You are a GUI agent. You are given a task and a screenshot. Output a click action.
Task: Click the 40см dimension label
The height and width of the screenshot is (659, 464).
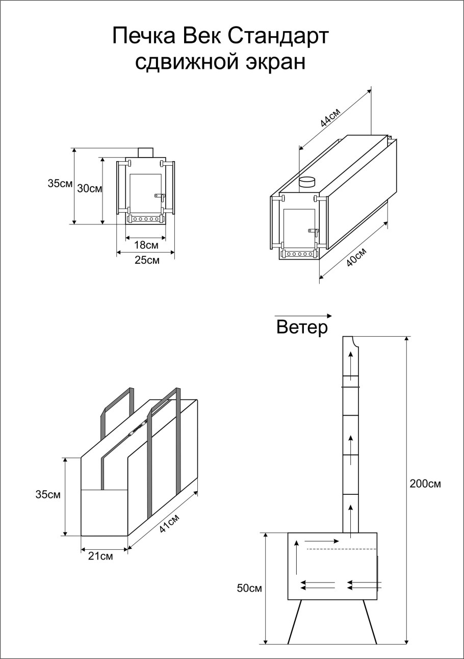point(356,257)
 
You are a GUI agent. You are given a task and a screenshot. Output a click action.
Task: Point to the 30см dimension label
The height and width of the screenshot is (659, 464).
point(90,188)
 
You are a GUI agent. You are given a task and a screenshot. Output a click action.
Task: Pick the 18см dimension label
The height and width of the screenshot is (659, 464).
point(146,245)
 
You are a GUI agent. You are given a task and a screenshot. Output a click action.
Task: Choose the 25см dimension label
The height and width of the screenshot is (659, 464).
point(147,260)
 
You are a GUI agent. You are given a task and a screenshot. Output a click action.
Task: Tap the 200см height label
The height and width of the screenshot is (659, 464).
point(425,484)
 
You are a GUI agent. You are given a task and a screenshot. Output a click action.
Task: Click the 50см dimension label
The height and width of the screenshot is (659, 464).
point(249,588)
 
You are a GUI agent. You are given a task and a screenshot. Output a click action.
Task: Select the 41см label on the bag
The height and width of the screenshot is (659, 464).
point(169,522)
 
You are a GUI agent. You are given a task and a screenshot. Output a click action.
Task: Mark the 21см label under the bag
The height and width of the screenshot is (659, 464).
point(100,556)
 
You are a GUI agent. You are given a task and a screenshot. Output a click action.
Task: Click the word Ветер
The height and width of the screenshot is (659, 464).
point(302,327)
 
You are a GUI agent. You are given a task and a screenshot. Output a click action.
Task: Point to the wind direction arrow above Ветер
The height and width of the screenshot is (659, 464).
point(303,316)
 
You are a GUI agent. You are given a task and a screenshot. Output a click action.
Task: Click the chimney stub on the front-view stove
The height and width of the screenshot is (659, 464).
point(146,152)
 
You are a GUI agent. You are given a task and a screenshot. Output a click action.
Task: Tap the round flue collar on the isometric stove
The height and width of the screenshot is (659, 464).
point(307,182)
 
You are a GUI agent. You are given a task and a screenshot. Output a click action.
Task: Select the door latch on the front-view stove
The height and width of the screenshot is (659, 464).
point(159,195)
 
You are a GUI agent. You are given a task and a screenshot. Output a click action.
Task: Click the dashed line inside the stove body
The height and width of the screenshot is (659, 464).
point(341,549)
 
